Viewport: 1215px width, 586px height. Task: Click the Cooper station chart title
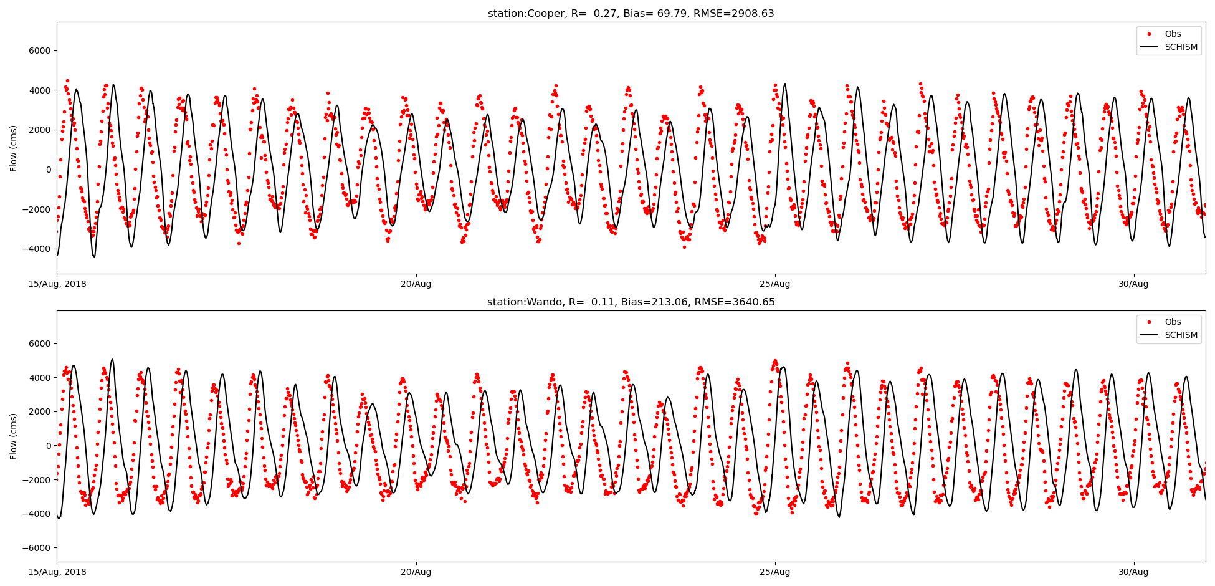coord(631,14)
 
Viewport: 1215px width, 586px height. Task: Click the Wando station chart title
coord(631,302)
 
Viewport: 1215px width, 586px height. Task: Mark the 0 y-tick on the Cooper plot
coord(47,170)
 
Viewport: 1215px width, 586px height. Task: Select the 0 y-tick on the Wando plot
coord(47,446)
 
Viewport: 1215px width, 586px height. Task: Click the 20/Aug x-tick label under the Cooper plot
coord(416,284)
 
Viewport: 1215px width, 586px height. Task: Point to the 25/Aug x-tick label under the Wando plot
coord(774,572)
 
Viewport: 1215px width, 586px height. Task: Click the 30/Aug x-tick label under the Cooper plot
coord(1133,284)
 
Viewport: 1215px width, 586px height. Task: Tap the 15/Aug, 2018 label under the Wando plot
coord(57,572)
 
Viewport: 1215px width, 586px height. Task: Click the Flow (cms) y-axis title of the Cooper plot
coord(14,148)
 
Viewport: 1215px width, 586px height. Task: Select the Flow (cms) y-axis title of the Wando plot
coord(14,436)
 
